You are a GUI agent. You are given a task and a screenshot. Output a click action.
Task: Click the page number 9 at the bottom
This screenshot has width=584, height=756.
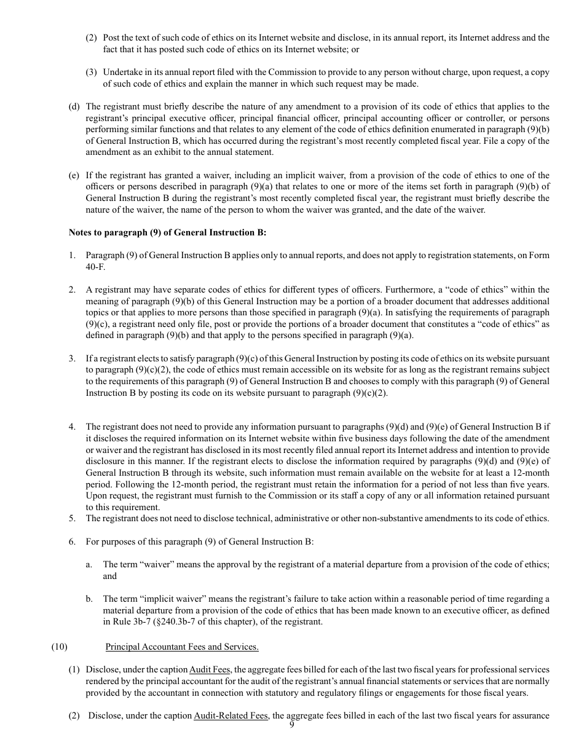click(292, 725)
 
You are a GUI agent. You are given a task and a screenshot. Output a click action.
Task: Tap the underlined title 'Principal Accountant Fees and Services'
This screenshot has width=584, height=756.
click(182, 647)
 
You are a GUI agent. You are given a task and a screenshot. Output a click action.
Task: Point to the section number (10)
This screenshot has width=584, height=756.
click(59, 647)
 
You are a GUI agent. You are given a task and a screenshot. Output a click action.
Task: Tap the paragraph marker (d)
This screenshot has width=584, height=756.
click(74, 106)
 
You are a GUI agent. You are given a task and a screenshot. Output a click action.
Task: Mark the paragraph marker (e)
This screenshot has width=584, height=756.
click(74, 175)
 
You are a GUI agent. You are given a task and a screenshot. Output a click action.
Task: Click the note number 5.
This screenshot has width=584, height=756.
click(72, 518)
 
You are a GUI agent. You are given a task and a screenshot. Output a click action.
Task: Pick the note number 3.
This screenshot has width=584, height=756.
click(72, 358)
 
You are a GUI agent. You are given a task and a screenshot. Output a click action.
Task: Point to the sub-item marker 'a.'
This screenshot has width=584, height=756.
click(89, 564)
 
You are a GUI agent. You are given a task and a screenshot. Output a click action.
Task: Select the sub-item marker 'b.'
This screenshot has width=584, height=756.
click(89, 599)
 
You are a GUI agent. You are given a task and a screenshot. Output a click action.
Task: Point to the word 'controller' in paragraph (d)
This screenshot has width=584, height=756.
click(487, 118)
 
